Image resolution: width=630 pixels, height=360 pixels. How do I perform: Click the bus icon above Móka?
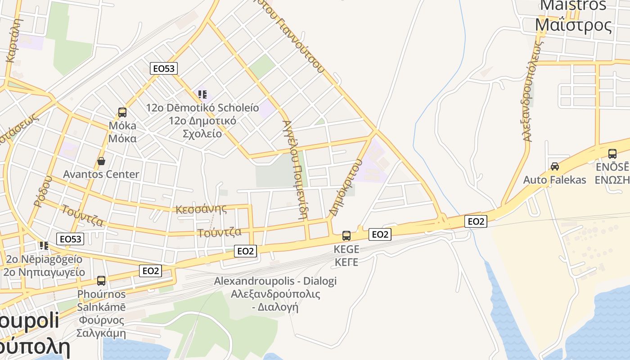pyautogui.click(x=122, y=112)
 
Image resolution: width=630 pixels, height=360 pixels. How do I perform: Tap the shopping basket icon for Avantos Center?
pyautogui.click(x=101, y=161)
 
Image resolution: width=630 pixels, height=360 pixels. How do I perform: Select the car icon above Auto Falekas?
pyautogui.click(x=554, y=166)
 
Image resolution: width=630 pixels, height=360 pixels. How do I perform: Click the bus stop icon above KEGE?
pyautogui.click(x=346, y=235)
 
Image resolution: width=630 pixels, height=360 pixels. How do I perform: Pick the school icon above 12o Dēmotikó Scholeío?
pyautogui.click(x=202, y=94)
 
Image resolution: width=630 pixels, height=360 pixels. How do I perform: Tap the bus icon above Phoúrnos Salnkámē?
pyautogui.click(x=101, y=281)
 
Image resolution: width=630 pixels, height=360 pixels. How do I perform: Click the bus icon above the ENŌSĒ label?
pyautogui.click(x=612, y=154)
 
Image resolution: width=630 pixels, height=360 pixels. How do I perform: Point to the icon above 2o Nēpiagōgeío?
pyautogui.click(x=44, y=246)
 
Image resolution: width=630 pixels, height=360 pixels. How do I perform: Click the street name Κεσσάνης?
pyautogui.click(x=201, y=209)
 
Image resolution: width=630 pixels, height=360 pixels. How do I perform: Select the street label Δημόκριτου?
pyautogui.click(x=346, y=187)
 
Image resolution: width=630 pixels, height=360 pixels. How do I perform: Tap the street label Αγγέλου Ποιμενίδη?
pyautogui.click(x=295, y=169)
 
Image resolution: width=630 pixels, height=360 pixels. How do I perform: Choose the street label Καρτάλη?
pyautogui.click(x=13, y=40)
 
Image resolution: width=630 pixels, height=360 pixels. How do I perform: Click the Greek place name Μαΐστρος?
pyautogui.click(x=574, y=25)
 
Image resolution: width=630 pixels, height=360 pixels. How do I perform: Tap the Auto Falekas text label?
pyautogui.click(x=554, y=180)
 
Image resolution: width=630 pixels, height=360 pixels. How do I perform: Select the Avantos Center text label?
pyautogui.click(x=101, y=174)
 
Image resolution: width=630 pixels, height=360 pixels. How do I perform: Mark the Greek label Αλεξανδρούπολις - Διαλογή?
pyautogui.click(x=275, y=301)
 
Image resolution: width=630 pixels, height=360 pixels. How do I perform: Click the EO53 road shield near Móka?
pyautogui.click(x=163, y=68)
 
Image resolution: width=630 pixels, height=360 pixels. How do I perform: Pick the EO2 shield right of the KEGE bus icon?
pyautogui.click(x=380, y=234)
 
